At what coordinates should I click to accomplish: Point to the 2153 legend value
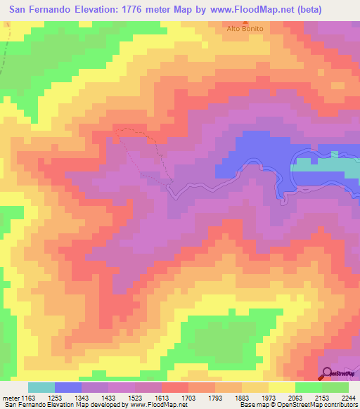(321, 398)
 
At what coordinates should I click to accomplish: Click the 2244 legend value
(347, 398)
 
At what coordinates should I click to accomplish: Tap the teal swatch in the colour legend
(41, 387)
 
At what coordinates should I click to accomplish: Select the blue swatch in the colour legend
(68, 387)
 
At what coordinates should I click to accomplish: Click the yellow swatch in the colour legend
(281, 387)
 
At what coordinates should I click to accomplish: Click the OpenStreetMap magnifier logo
(327, 373)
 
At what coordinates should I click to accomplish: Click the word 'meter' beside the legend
(9, 398)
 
